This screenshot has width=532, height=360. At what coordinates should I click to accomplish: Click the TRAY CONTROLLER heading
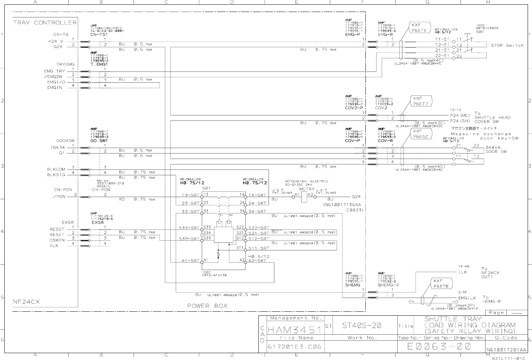point(45,22)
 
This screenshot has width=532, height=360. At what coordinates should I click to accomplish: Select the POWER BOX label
point(207,306)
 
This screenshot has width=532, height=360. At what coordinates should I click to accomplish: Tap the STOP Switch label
point(507,45)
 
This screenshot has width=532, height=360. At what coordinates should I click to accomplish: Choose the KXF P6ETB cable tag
point(441,283)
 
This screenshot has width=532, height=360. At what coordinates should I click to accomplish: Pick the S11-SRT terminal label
point(259,249)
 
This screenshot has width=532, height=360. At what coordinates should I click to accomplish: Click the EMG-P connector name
point(352,34)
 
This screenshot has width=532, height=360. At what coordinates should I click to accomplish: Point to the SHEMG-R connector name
point(389,285)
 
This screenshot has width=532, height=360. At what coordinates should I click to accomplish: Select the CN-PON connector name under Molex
point(101,190)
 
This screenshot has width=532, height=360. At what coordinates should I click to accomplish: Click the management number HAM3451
point(294,330)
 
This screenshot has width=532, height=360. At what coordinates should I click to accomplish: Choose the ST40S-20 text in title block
point(361,326)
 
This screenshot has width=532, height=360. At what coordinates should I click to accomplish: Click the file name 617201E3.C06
point(294,347)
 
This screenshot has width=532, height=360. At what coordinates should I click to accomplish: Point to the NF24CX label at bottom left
point(26,302)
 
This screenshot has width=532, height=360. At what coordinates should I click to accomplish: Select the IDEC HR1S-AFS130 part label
point(214,274)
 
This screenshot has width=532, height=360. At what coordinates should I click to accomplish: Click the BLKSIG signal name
point(56,175)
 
